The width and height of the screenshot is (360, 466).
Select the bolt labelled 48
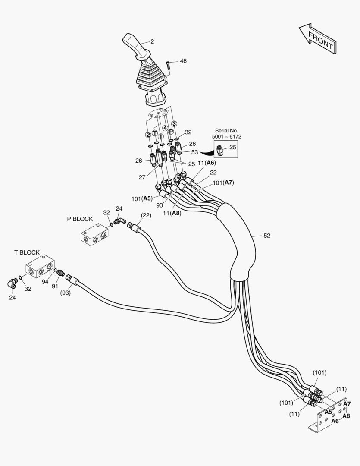pos(168,65)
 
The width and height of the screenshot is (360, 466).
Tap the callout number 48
pos(183,61)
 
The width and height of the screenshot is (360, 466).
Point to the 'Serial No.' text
pos(226,130)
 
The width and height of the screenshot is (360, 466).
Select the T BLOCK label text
pos(27,252)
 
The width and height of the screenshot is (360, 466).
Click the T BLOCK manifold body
pos(40,268)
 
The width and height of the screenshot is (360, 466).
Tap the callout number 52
pos(267,236)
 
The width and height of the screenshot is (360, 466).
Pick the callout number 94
pos(45,281)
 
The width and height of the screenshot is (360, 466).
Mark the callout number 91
pos(56,286)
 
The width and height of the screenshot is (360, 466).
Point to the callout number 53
pos(194,152)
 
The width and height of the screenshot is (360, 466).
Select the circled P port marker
pos(171,131)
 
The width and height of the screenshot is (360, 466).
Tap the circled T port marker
pos(155,133)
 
